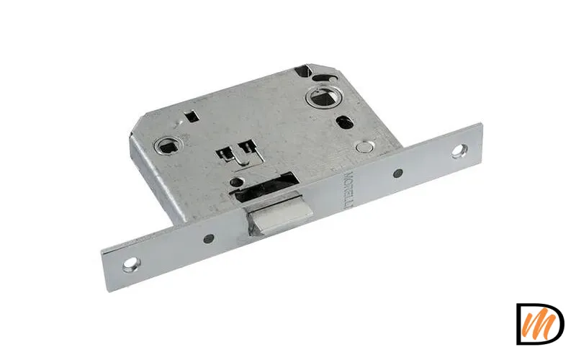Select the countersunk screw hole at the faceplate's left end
pos(130,264)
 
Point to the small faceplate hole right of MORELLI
pos(397,172)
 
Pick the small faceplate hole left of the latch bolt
pos(207,237)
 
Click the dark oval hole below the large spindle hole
pos(346,122)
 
